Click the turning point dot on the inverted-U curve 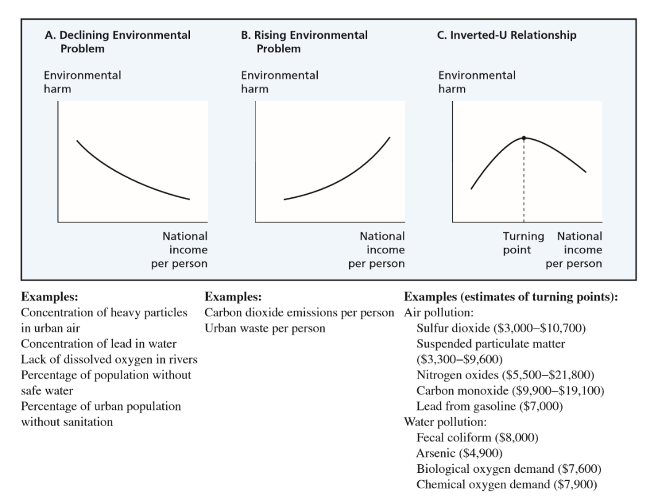[x=524, y=137]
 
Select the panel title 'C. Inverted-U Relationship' [x=507, y=35]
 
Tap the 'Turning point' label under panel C [x=524, y=243]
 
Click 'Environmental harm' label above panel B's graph [x=279, y=82]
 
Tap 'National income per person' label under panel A [x=184, y=250]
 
